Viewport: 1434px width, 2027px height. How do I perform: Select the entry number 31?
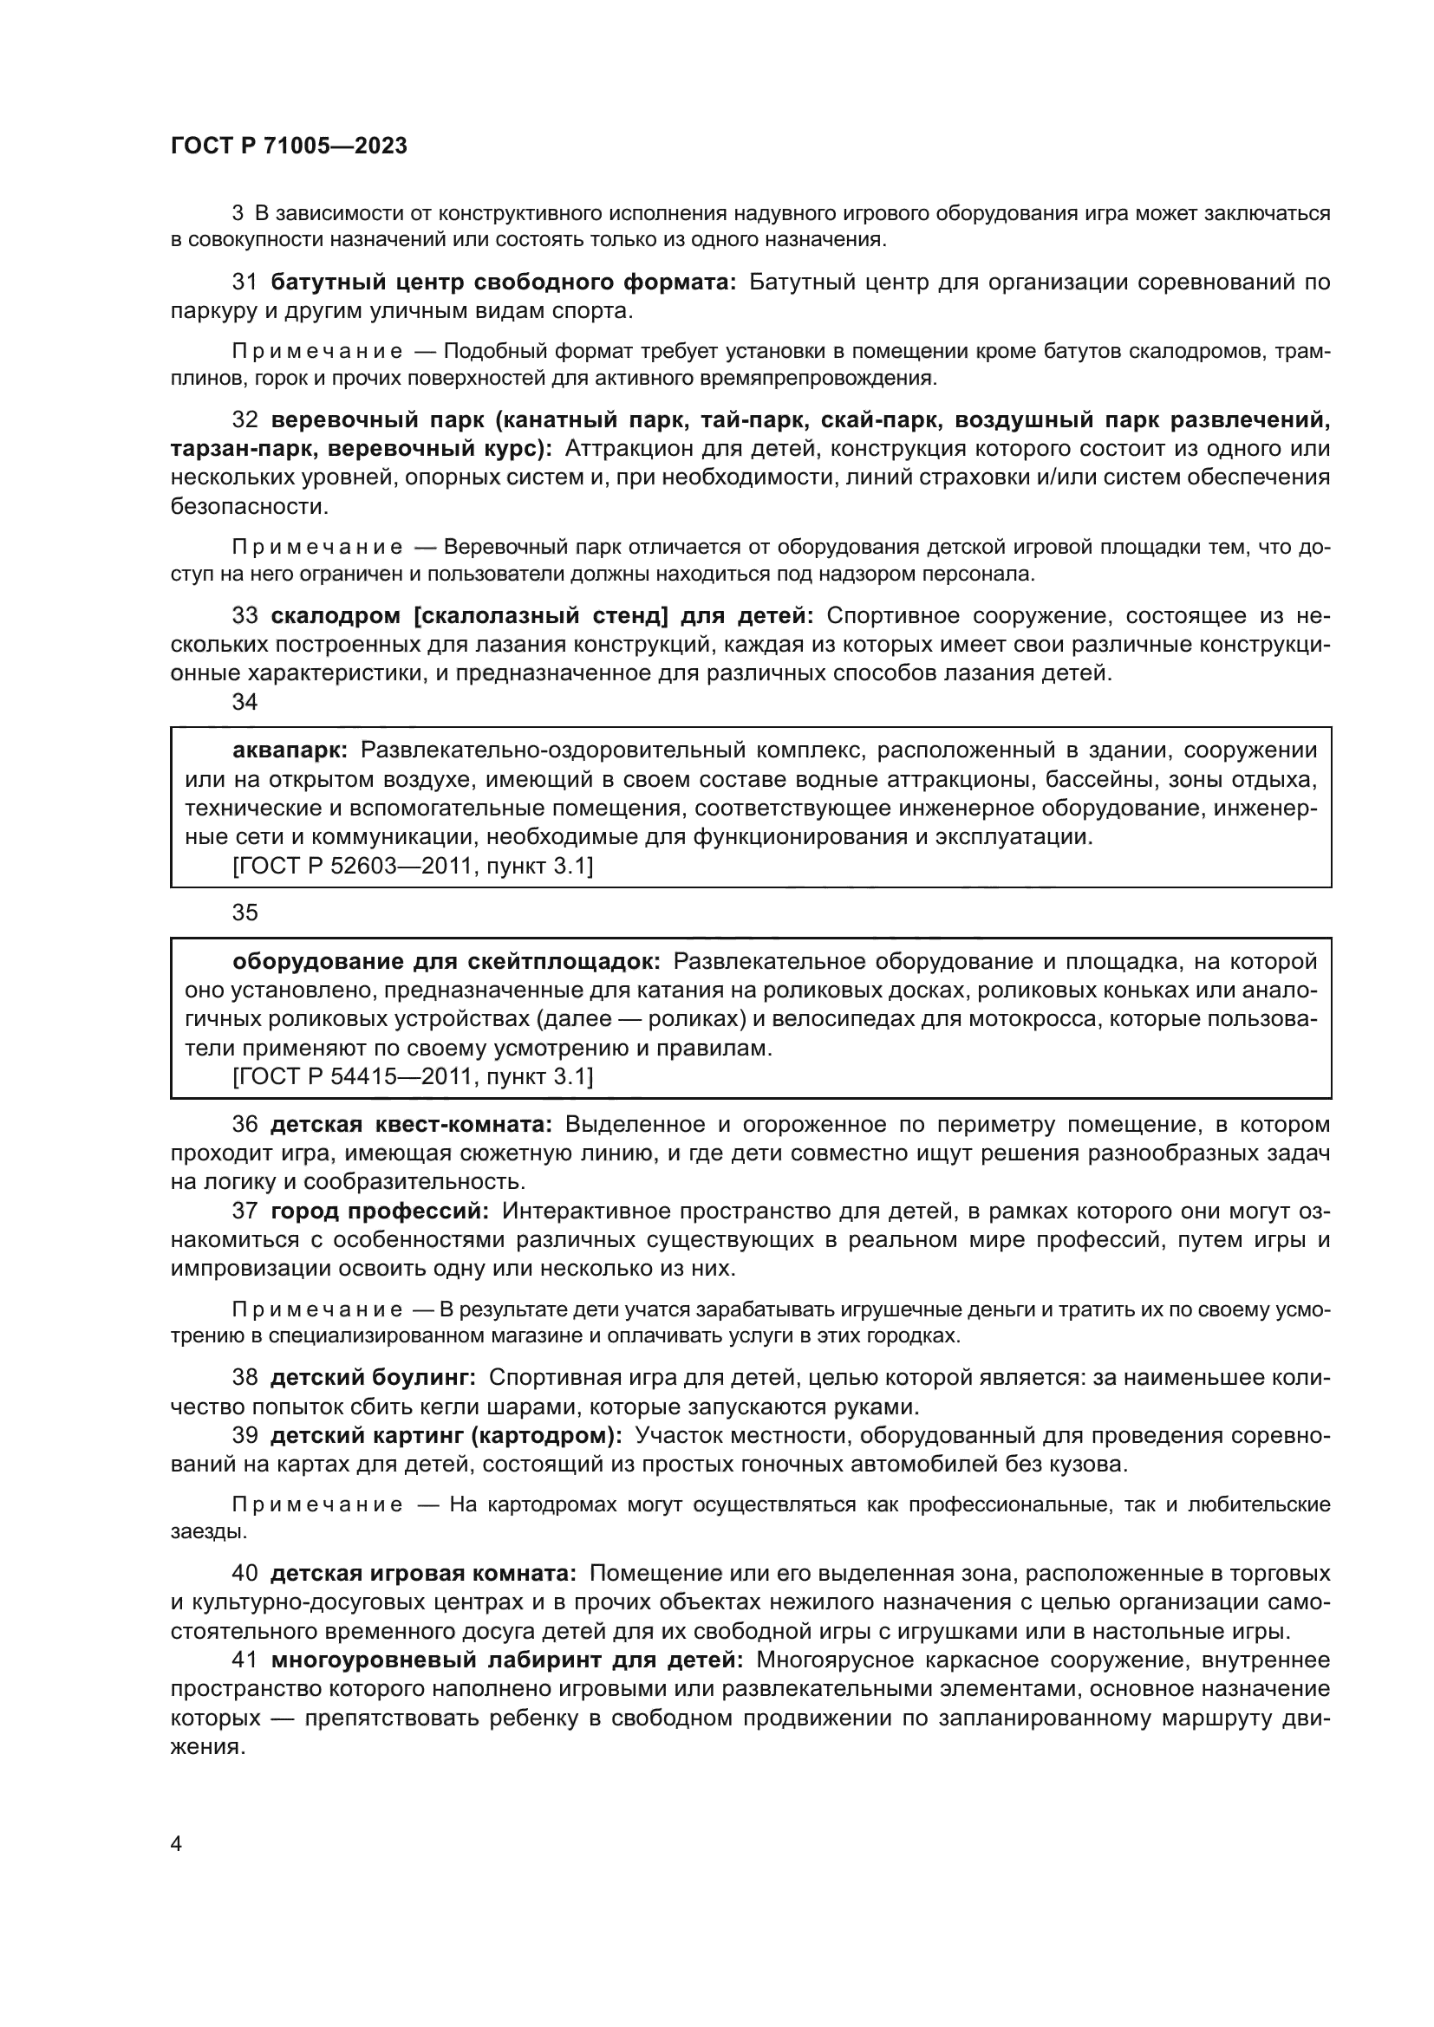point(244,283)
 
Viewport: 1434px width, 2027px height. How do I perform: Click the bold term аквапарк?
point(290,750)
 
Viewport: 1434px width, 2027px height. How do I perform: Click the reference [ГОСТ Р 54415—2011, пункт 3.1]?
point(413,1076)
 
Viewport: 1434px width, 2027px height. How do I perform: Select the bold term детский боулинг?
point(373,1377)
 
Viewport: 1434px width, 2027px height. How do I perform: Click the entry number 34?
point(244,702)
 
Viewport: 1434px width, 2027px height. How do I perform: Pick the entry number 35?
point(244,913)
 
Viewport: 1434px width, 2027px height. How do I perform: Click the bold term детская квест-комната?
point(411,1125)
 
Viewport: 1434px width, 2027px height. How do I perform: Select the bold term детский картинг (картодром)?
point(446,1435)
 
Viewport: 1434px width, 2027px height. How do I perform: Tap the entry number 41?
point(244,1660)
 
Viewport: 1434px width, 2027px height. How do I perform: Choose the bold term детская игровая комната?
point(423,1574)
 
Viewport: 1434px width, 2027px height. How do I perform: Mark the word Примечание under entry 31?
point(317,352)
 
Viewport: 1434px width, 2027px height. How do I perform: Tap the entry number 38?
point(244,1377)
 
